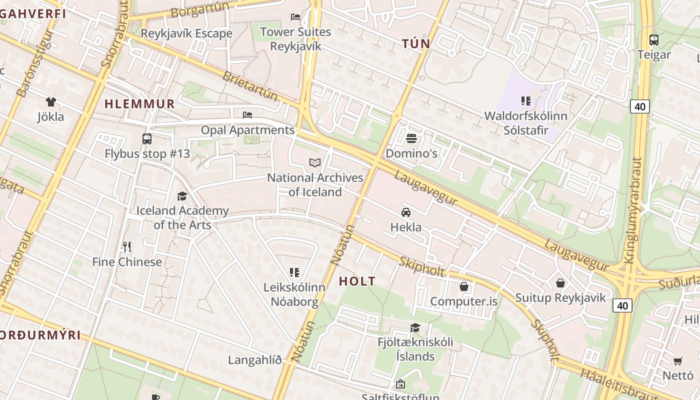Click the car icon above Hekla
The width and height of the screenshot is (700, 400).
click(406, 212)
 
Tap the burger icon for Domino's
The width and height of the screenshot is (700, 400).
click(411, 138)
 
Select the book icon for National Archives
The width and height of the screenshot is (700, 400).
click(314, 162)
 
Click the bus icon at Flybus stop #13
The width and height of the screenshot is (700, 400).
click(147, 139)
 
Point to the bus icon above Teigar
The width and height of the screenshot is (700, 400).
click(653, 39)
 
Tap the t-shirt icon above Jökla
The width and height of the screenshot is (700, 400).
click(50, 102)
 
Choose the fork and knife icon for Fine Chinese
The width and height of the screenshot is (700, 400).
click(127, 246)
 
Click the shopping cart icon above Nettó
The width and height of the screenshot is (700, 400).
click(678, 361)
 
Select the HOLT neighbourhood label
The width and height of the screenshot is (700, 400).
click(357, 281)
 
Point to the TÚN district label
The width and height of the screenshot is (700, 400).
click(416, 44)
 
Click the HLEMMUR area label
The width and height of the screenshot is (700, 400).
click(140, 104)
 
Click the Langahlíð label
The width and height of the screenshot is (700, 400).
click(255, 360)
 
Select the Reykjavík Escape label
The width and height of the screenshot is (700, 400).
click(186, 33)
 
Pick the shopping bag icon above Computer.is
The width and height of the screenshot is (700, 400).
click(464, 286)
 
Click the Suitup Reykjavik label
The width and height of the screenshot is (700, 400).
click(560, 298)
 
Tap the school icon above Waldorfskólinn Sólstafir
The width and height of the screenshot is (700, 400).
click(525, 101)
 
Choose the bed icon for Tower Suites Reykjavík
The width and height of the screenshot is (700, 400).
click(295, 17)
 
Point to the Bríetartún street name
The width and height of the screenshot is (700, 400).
click(249, 85)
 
